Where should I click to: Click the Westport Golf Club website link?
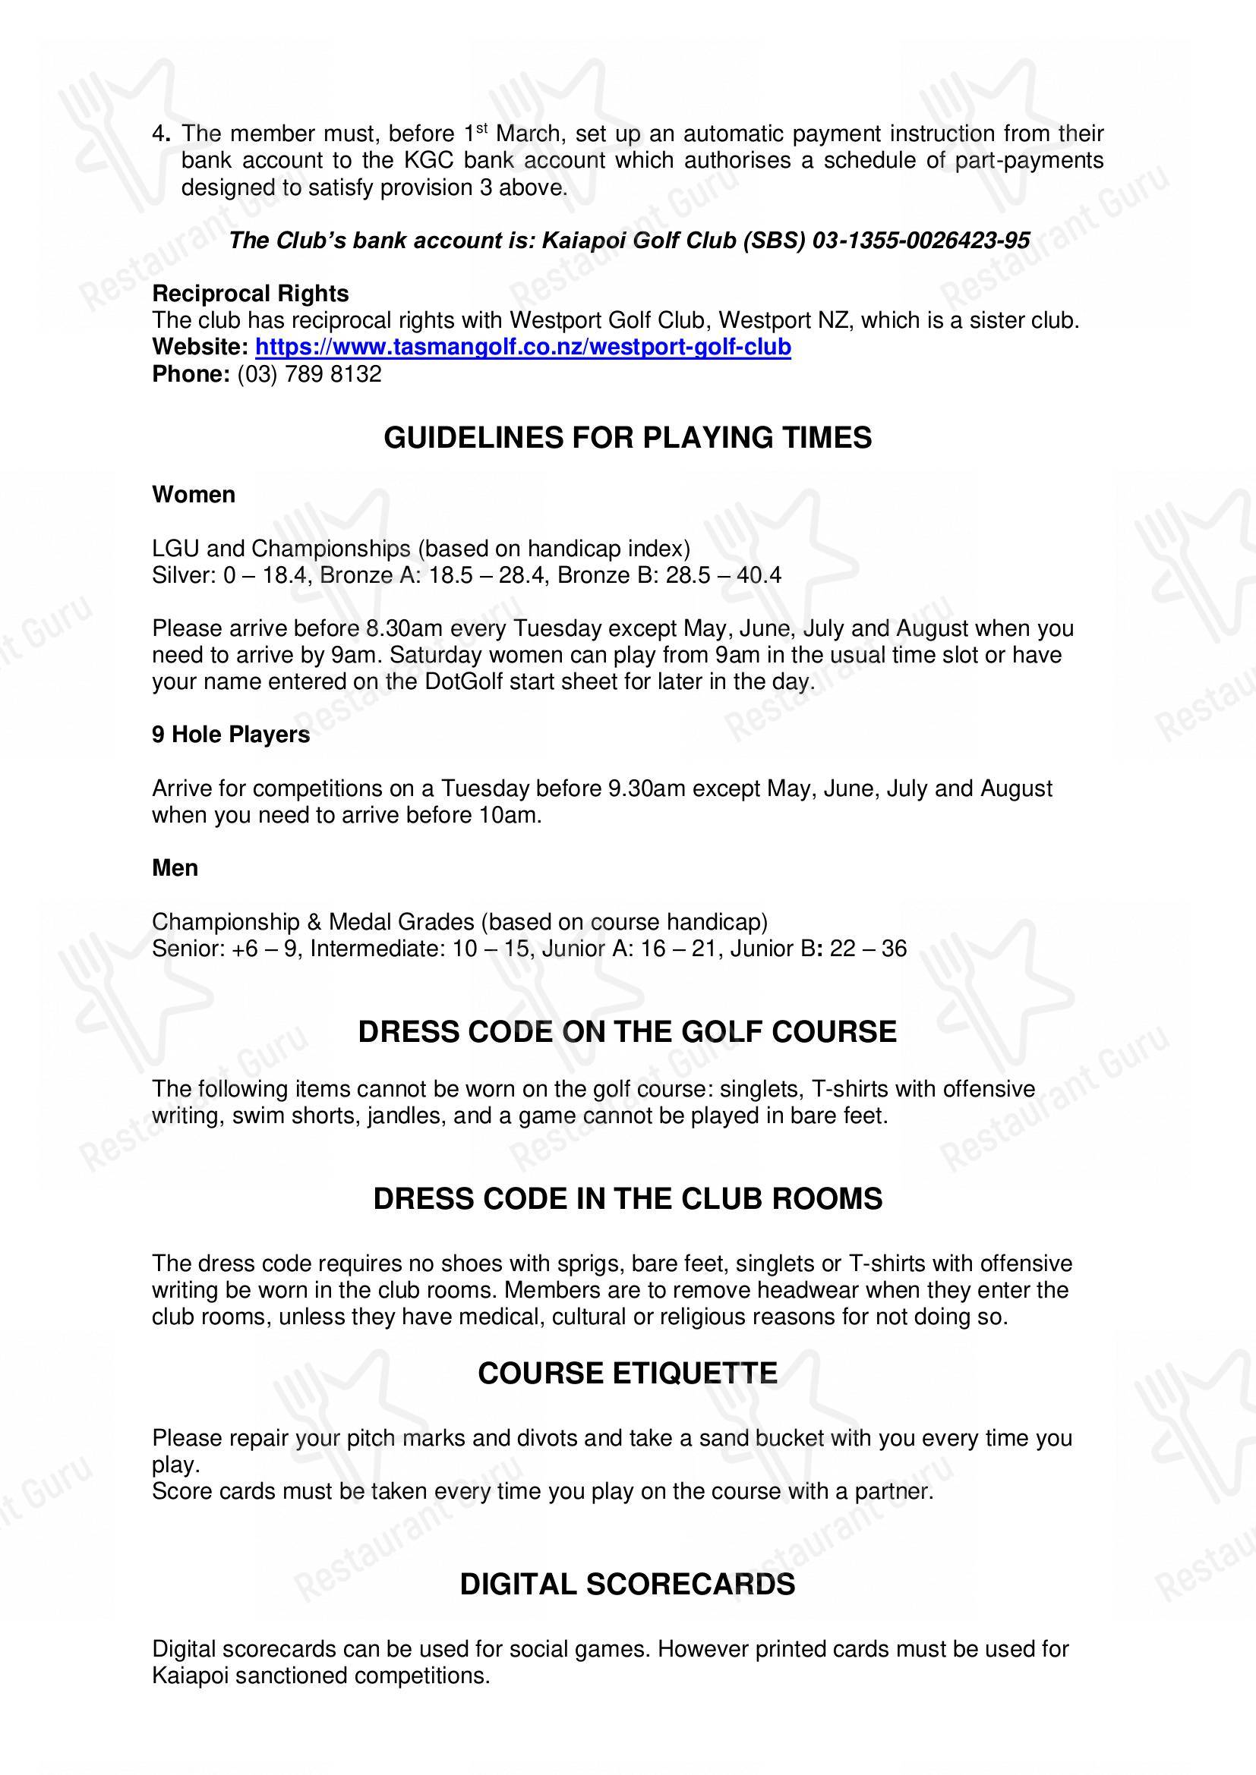[522, 347]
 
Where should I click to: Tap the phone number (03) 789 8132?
[309, 374]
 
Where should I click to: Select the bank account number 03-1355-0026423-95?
[920, 241]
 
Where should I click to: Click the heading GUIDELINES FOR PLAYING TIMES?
[627, 438]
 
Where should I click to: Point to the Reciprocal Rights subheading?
[250, 294]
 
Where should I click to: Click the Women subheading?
[194, 495]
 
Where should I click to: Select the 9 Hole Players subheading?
[231, 735]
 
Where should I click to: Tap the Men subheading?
[175, 868]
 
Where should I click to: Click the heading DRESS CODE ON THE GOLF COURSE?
[627, 1032]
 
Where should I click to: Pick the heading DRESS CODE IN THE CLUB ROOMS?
[627, 1199]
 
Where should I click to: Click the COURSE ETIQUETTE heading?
[627, 1374]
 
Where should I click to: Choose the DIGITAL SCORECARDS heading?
[627, 1585]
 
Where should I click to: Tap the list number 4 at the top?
[159, 134]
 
